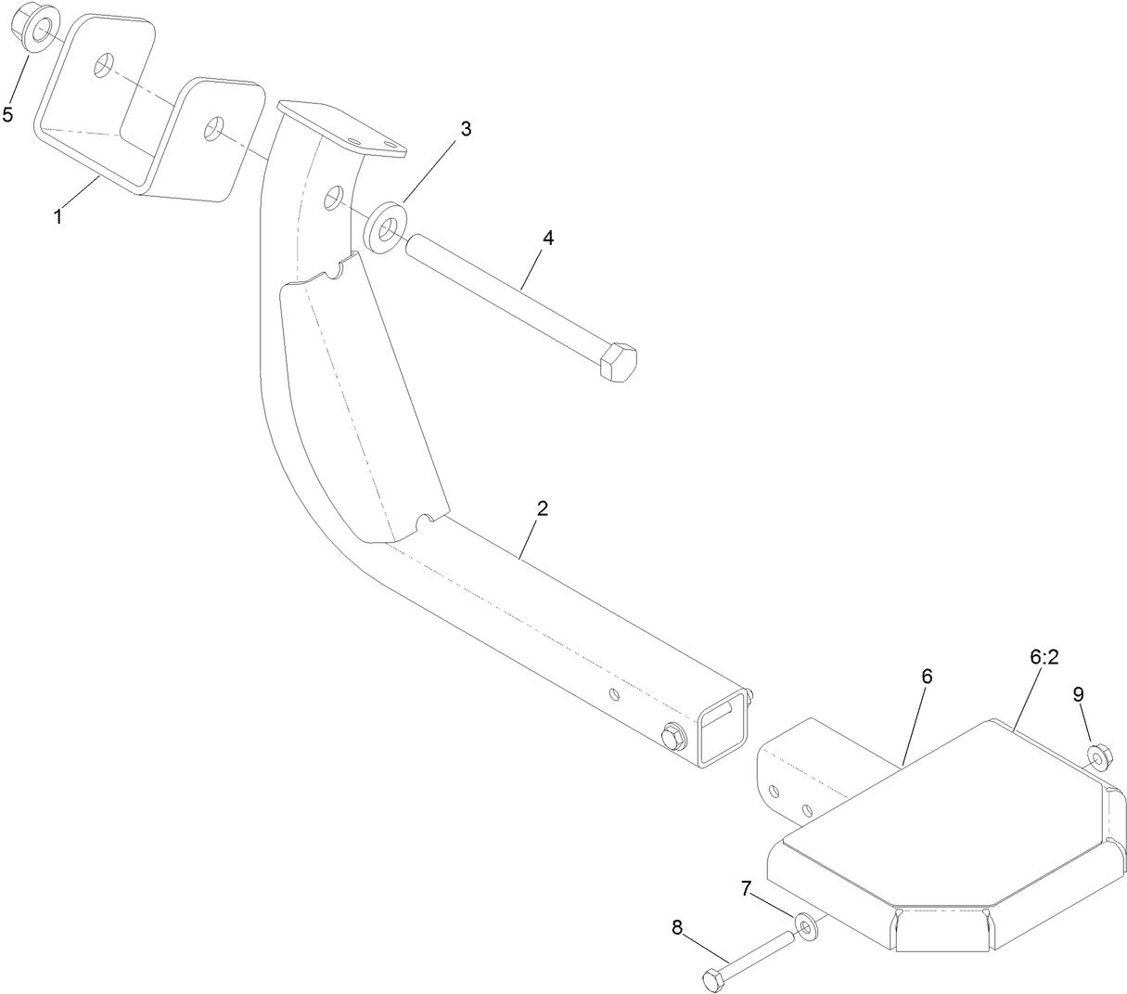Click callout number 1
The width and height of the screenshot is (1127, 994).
58,217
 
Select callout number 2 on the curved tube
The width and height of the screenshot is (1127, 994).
543,509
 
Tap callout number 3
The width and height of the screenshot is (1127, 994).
466,129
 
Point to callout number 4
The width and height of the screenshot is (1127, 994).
547,238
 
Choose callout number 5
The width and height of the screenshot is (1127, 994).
8,114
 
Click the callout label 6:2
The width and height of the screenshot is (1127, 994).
1044,657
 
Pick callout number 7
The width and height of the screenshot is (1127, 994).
746,888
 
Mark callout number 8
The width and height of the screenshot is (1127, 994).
676,926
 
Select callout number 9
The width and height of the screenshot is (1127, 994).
1078,694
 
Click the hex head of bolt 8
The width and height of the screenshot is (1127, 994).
712,979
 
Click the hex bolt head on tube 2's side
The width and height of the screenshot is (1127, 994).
672,736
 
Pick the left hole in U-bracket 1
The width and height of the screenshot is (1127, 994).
104,64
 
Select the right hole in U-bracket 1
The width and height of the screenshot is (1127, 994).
215,127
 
